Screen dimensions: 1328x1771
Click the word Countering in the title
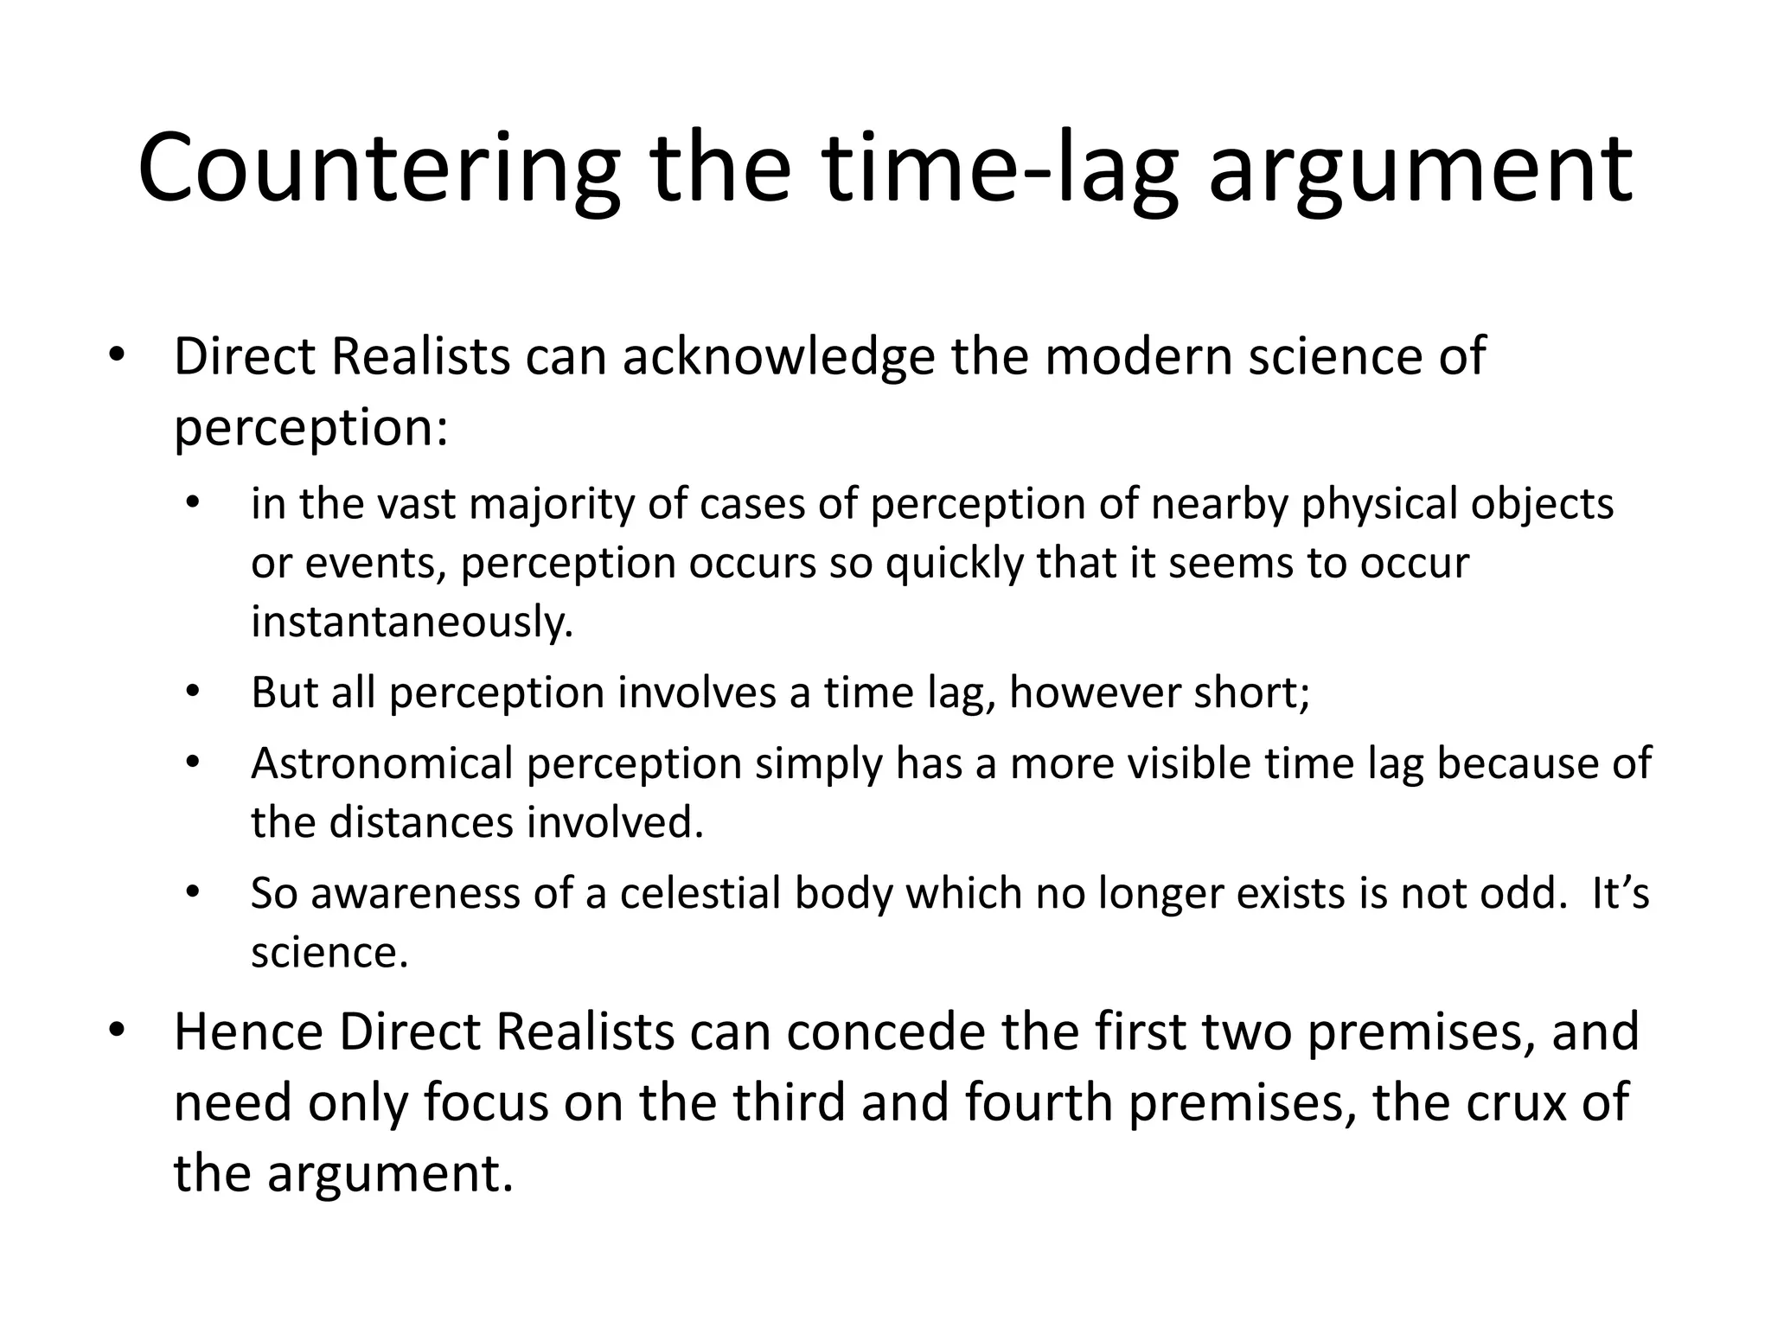[379, 169]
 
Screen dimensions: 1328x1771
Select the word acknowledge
[778, 356]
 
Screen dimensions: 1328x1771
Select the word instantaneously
[412, 622]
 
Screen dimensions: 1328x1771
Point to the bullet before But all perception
[193, 693]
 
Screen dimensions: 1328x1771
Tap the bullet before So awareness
[193, 892]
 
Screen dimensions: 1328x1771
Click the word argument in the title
[1419, 169]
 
